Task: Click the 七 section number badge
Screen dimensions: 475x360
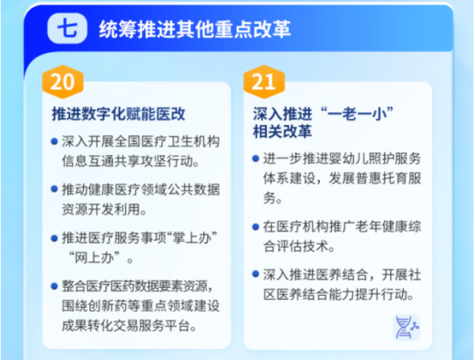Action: [x=67, y=28]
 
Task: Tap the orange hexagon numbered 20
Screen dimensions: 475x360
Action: [x=63, y=81]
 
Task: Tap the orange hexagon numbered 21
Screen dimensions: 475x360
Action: [x=264, y=81]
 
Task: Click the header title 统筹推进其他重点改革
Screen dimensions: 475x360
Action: [x=195, y=29]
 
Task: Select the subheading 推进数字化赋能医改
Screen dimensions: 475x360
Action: [x=118, y=114]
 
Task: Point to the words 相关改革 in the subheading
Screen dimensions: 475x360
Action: [x=282, y=131]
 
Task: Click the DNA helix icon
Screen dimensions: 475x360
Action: [x=406, y=327]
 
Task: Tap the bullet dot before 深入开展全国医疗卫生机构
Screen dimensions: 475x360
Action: [x=55, y=141]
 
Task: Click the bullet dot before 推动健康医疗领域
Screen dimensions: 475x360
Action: [x=55, y=189]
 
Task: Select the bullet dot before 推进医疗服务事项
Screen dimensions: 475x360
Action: [x=55, y=238]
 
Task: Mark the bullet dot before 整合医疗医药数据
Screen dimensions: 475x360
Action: [x=55, y=286]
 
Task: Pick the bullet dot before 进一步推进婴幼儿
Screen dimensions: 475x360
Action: [x=256, y=159]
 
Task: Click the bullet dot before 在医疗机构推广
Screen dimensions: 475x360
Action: [x=256, y=226]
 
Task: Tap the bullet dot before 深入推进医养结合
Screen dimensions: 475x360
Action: [x=256, y=274]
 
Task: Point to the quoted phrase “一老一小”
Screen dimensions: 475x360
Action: [x=357, y=114]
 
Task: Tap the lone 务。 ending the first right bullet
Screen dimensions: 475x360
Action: [x=273, y=198]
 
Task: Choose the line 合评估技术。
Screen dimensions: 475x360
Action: [x=298, y=246]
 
